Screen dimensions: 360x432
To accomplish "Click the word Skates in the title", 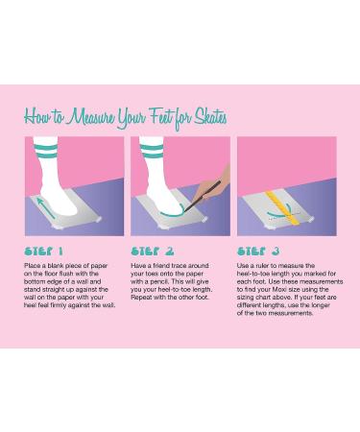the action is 210,117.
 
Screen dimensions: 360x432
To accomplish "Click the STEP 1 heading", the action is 44,252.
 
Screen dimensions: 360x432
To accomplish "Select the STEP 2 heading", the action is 153,252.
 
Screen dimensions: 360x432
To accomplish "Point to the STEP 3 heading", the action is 258,252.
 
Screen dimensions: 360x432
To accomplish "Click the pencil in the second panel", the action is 203,196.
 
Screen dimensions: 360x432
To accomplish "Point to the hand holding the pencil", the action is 214,185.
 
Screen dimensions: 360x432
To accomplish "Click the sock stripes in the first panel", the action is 46,151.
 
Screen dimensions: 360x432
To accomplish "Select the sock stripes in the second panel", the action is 152,151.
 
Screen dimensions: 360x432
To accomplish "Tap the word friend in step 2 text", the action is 161,266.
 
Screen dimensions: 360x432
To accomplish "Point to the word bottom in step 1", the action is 34,281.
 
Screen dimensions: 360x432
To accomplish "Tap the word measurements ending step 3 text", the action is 292,313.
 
